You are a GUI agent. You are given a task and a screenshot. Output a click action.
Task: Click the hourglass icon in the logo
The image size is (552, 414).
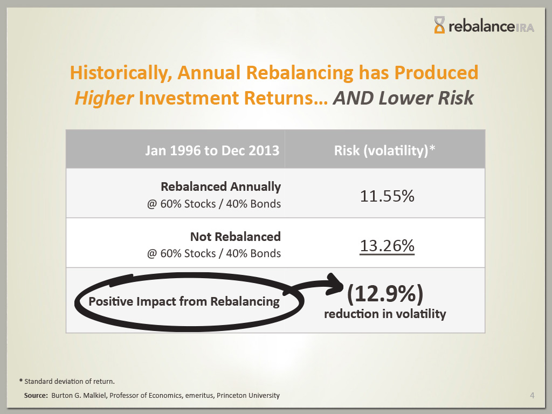pyautogui.click(x=440, y=25)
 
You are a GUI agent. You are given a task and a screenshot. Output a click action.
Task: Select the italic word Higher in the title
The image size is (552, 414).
pyautogui.click(x=104, y=98)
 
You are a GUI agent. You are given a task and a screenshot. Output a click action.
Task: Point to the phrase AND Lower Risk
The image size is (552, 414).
pyautogui.click(x=404, y=98)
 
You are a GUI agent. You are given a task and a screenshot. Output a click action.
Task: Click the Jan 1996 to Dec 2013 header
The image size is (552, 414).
pyautogui.click(x=212, y=150)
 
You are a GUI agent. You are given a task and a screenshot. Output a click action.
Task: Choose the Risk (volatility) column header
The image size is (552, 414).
pyautogui.click(x=384, y=150)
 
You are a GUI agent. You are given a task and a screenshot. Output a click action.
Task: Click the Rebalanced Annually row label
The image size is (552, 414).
pyautogui.click(x=220, y=187)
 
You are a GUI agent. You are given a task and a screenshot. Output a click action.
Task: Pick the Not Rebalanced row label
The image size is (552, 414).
pyautogui.click(x=235, y=236)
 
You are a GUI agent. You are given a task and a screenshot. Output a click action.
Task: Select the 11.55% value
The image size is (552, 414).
pyautogui.click(x=387, y=196)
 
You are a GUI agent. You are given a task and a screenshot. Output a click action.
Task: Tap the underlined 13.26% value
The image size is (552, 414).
pyautogui.click(x=387, y=246)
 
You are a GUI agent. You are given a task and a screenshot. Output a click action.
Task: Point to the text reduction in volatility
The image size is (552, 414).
pyautogui.click(x=385, y=314)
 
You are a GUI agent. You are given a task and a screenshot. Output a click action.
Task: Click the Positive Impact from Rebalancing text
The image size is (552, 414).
pyautogui.click(x=184, y=301)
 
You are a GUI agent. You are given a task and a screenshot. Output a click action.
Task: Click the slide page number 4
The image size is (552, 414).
pyautogui.click(x=532, y=396)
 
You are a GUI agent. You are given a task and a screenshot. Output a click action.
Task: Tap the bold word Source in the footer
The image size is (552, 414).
pyautogui.click(x=36, y=396)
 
